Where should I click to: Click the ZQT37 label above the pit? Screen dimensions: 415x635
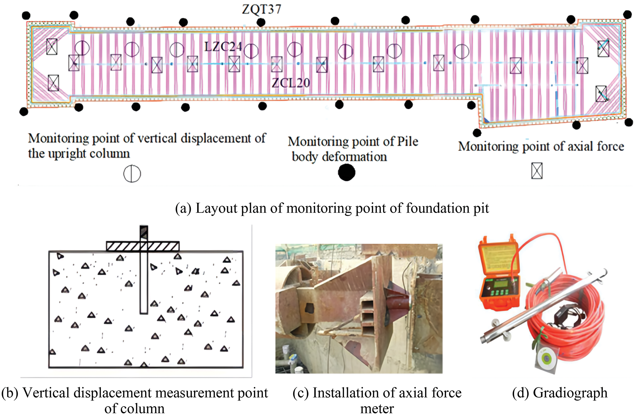[261, 9]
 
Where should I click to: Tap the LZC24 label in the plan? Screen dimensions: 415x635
[223, 47]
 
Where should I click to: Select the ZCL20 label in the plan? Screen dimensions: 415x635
[291, 83]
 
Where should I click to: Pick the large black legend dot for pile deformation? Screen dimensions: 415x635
[346, 173]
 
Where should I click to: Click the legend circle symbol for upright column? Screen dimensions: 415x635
[132, 174]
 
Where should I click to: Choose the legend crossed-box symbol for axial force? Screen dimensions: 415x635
[537, 171]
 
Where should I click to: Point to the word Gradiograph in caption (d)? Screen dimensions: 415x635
[570, 393]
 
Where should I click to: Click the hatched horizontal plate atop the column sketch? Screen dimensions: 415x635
[143, 246]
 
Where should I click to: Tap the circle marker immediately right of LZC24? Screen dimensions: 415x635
[251, 51]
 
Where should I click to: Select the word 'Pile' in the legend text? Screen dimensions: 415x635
[408, 141]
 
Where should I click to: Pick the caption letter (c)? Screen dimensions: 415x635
[300, 393]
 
